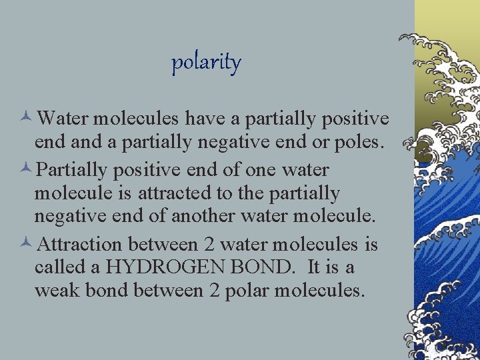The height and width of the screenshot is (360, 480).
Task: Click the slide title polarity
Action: (x=206, y=63)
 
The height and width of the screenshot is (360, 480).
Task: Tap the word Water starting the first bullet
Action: (x=63, y=119)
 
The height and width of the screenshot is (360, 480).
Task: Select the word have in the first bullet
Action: (x=204, y=119)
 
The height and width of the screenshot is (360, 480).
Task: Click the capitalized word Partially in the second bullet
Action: (x=71, y=169)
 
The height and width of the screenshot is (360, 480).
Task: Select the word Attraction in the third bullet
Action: (x=80, y=244)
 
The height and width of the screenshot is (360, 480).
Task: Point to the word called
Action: (x=61, y=267)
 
